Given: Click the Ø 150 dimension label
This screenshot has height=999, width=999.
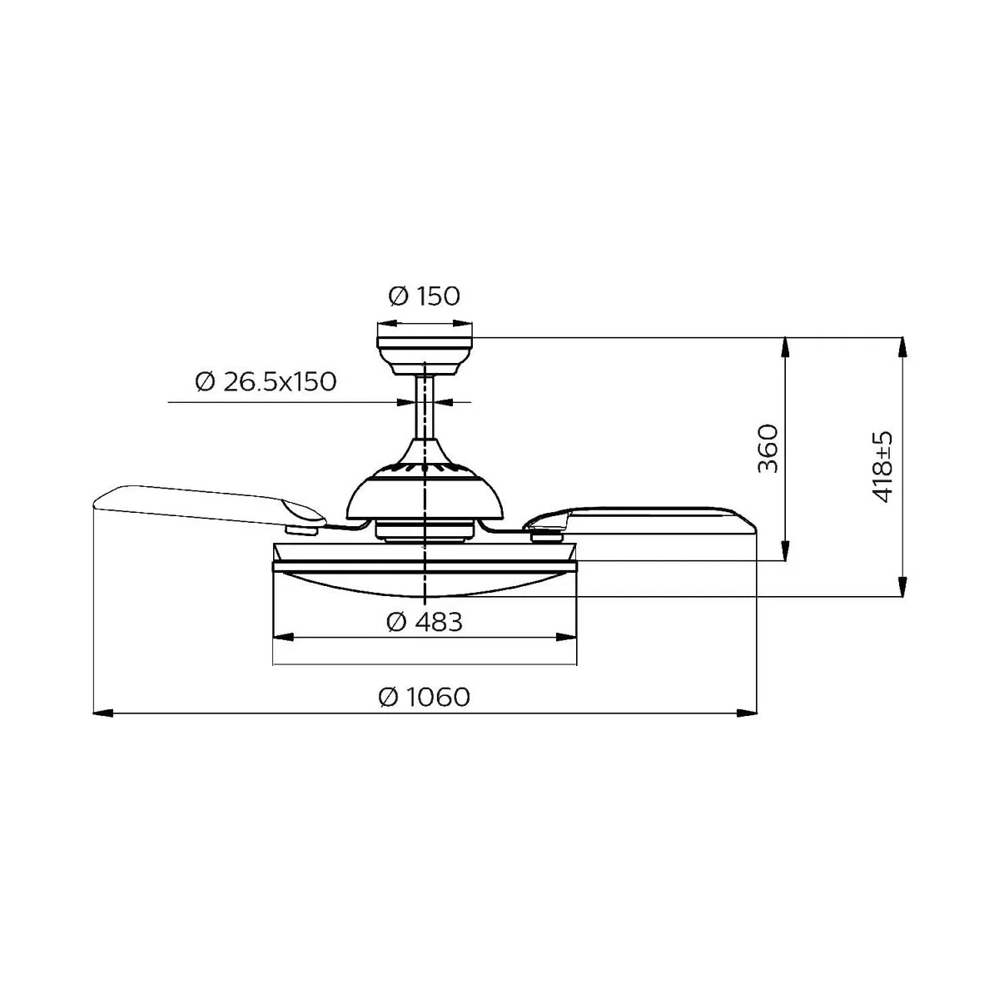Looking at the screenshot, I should tap(424, 296).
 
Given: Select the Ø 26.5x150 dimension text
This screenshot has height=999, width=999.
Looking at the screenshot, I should tap(266, 382).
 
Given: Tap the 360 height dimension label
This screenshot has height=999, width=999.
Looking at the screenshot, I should tap(768, 448).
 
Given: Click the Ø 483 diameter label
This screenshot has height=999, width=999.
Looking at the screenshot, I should tap(425, 621).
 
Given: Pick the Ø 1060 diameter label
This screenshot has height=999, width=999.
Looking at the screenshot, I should tap(425, 697).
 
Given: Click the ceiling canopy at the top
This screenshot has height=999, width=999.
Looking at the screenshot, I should tap(425, 350).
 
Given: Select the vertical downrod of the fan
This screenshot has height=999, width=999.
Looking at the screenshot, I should tap(425, 408).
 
